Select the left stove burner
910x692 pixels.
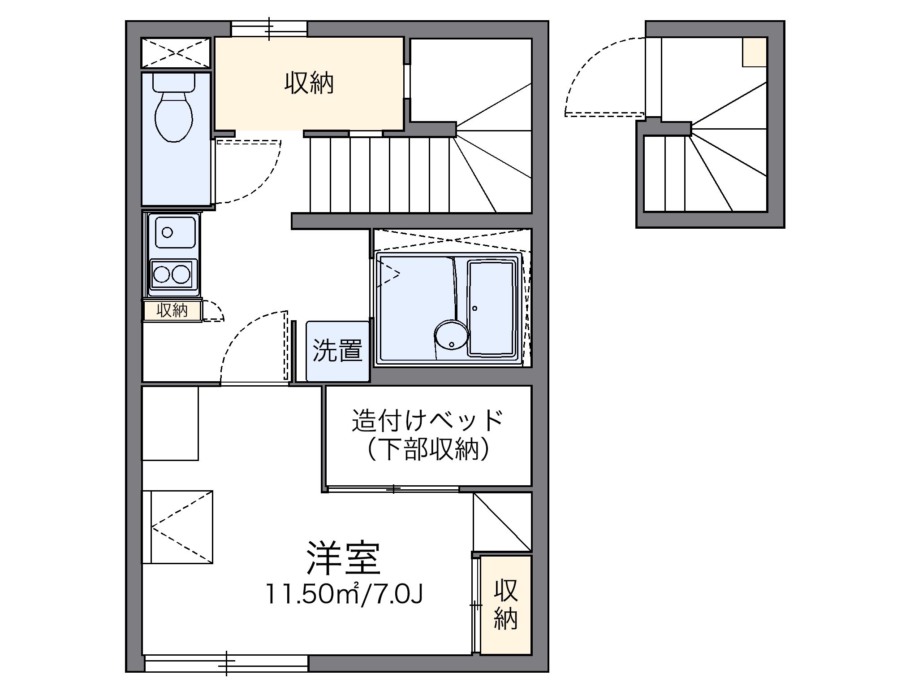pyautogui.click(x=161, y=274)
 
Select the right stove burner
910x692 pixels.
pyautogui.click(x=181, y=274)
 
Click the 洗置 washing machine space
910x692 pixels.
pyautogui.click(x=337, y=351)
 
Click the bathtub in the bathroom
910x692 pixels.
pyautogui.click(x=492, y=308)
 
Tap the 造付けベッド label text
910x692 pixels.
pyautogui.click(x=428, y=420)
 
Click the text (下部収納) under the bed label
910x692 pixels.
pyautogui.click(x=428, y=449)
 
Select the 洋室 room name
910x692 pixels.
pyautogui.click(x=344, y=558)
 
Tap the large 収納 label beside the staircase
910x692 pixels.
pyautogui.click(x=309, y=83)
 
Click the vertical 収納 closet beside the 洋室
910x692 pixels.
pyautogui.click(x=506, y=604)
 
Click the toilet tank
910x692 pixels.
pyautogui.click(x=174, y=82)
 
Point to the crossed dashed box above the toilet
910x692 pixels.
pyautogui.click(x=176, y=53)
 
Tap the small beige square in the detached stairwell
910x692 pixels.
pyautogui.click(x=754, y=52)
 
